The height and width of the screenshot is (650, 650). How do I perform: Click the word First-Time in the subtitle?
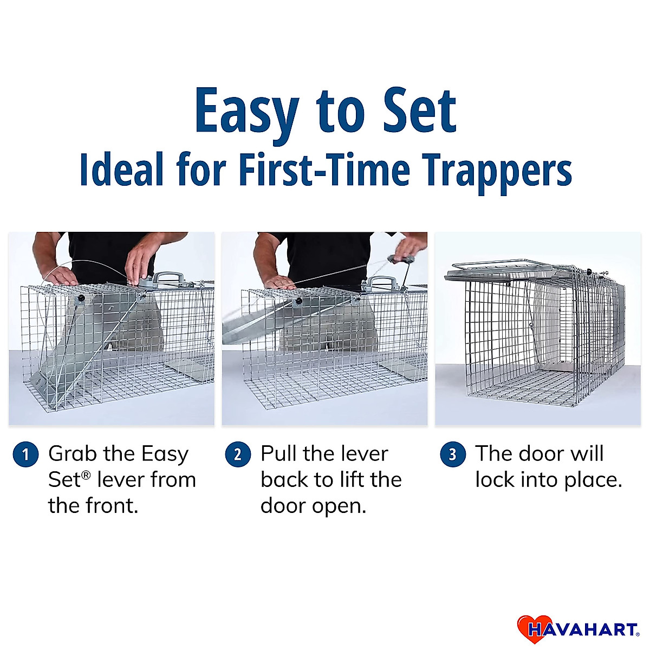[324, 170]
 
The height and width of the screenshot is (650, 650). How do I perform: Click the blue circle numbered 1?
[25, 454]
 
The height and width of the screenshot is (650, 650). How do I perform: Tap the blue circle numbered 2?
[238, 454]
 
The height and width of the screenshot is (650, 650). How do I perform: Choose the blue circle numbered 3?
[452, 454]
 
